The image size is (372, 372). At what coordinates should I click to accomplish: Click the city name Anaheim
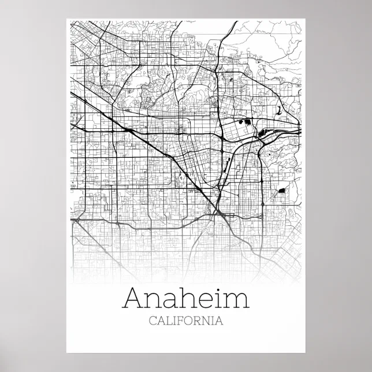186,299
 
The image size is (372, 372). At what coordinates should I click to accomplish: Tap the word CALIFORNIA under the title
186,321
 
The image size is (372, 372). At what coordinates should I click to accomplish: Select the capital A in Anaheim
135,299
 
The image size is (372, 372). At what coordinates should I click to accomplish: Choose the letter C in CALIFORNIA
152,321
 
